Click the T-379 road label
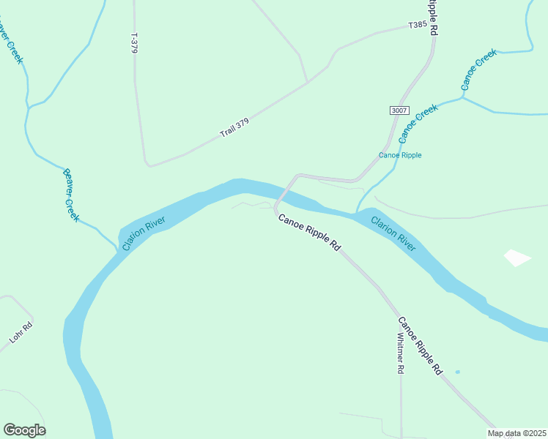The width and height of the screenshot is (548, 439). tap(133, 43)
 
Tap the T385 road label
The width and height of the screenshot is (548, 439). tap(417, 25)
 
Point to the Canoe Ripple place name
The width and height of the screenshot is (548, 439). tap(400, 155)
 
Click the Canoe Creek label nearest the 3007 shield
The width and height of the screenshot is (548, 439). tap(418, 123)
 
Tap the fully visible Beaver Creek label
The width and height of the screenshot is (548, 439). tap(70, 194)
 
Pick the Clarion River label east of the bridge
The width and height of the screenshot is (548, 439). tap(393, 233)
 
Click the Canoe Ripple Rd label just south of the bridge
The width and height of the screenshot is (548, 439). tap(309, 233)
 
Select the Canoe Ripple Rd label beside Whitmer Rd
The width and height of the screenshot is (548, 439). tap(421, 345)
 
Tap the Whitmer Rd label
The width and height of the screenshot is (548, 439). tap(400, 354)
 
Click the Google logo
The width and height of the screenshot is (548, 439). tap(24, 430)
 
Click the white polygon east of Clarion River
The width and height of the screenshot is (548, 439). tap(517, 258)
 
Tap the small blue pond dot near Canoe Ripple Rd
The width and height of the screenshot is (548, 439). tap(457, 372)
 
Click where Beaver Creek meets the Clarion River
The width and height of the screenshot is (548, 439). tap(118, 247)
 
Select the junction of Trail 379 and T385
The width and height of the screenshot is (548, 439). tap(307, 83)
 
